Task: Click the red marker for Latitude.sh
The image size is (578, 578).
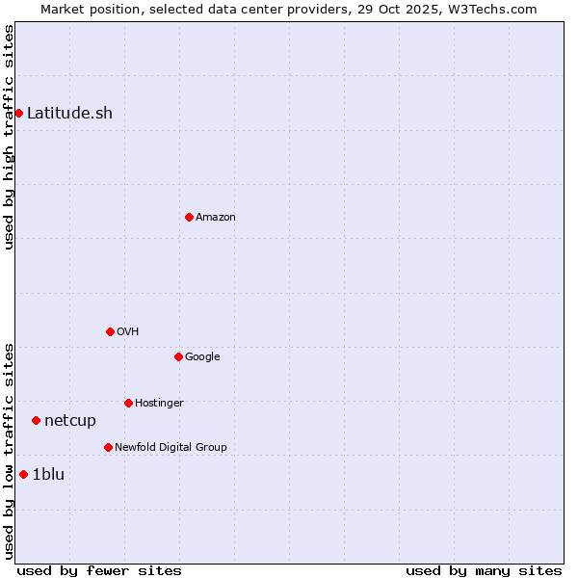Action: [18, 113]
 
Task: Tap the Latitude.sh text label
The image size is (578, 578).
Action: [69, 113]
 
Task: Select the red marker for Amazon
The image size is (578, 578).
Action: [189, 217]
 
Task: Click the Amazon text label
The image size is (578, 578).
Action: [216, 217]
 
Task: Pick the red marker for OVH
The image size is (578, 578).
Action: [110, 331]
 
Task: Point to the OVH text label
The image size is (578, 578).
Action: [128, 331]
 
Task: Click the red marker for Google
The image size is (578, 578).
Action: [178, 356]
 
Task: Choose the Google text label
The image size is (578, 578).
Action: [202, 356]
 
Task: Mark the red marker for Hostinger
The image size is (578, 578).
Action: [128, 403]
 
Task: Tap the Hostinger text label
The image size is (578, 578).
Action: [159, 403]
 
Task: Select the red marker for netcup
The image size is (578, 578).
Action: [36, 420]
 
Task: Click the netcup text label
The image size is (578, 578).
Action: [70, 420]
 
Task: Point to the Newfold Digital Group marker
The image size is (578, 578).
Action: [108, 447]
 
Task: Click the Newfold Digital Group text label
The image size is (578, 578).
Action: [171, 447]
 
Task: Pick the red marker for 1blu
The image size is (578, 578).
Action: [23, 474]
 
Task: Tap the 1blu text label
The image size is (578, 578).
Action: [48, 474]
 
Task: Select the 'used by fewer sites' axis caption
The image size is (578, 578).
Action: [99, 570]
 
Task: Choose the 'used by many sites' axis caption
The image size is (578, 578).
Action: [484, 570]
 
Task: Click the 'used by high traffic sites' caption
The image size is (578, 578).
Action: [9, 137]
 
